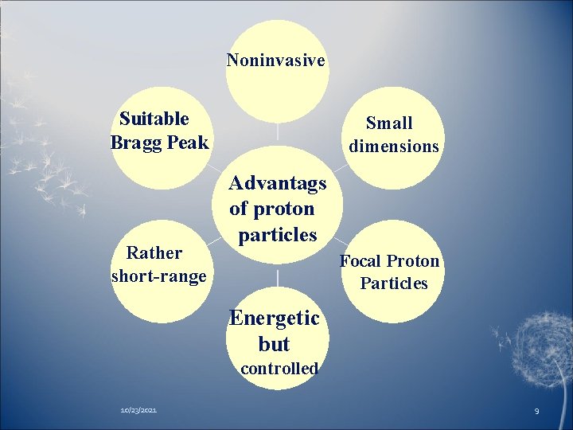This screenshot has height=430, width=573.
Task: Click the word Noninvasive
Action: coord(275,61)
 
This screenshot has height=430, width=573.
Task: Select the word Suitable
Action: coord(154,119)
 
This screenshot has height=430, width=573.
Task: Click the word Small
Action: coord(389,123)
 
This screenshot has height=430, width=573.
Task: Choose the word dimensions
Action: coord(394,147)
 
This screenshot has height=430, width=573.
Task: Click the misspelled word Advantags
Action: coord(277,183)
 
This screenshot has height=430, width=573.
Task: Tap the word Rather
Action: coord(154,253)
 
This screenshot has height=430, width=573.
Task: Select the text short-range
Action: coord(159,276)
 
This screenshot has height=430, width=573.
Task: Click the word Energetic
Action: coord(274,319)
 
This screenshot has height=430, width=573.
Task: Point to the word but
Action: coord(274,345)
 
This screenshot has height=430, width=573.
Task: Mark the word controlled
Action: coord(279,369)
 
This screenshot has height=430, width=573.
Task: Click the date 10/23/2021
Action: coord(138,409)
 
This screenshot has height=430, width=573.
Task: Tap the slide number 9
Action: coord(536,410)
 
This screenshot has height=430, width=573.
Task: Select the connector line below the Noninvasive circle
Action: coord(278,134)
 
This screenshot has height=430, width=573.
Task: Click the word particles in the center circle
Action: coord(277,236)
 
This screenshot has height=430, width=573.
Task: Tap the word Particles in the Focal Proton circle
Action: coord(393,283)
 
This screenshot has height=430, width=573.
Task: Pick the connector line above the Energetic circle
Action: coord(278,278)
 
